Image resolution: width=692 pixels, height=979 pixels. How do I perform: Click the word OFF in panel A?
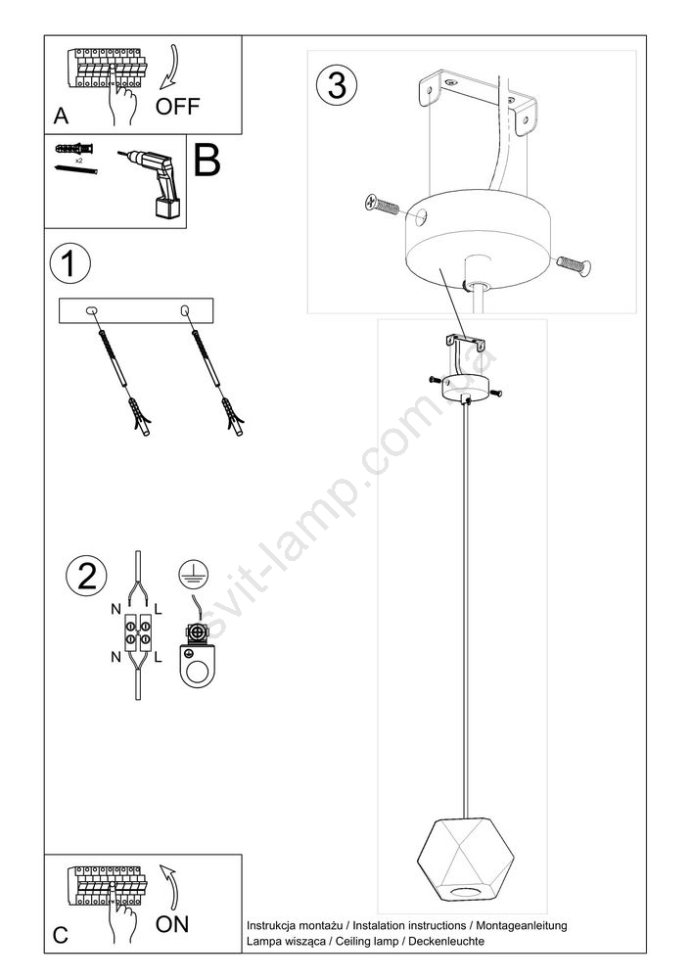177,106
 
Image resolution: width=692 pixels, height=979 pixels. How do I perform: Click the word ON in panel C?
172,924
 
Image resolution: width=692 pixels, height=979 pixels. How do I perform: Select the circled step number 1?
69,262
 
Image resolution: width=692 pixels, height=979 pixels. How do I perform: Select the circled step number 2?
86,575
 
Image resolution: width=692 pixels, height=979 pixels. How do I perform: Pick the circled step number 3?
337,85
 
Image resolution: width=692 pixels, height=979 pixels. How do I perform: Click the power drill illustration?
154,182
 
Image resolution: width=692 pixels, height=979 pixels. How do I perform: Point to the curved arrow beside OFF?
169,70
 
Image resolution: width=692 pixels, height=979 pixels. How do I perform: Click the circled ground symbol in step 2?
194,574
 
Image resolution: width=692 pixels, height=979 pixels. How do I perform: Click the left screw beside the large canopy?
382,205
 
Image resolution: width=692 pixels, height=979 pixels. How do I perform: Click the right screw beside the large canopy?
574,264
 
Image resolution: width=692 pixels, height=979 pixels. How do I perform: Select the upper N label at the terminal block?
116,609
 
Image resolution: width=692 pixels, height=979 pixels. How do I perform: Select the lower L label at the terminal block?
158,656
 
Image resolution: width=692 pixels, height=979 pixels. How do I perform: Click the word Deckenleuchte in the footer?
446,941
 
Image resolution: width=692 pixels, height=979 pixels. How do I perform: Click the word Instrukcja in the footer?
274,925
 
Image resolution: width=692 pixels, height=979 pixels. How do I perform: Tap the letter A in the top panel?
61,117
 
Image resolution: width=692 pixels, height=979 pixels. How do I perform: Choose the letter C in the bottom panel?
61,935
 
